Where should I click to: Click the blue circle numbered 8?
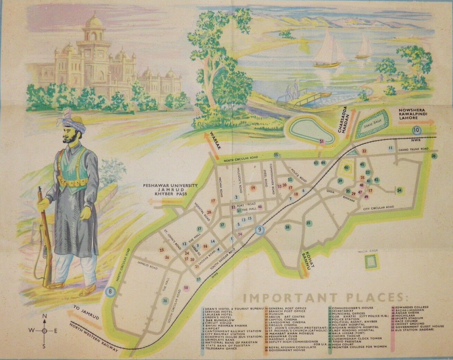110,292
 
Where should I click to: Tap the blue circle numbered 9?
260,230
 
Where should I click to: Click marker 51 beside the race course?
322,141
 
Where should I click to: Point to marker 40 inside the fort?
346,168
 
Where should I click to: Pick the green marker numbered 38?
287,227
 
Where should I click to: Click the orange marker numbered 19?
253,188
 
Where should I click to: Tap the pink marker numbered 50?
186,288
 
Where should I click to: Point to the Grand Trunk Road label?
413,149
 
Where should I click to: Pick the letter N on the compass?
44,316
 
